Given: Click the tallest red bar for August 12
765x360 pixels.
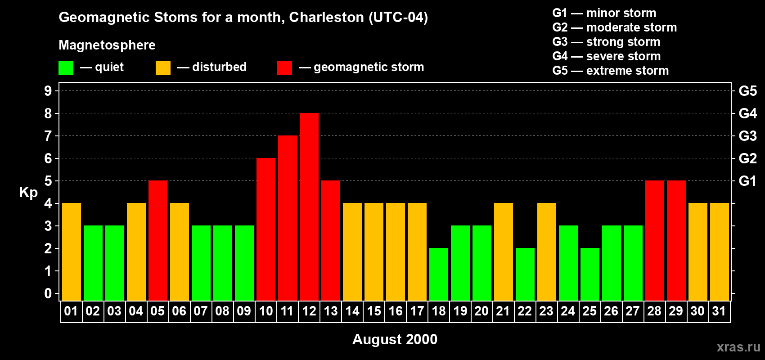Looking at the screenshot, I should coord(309,207).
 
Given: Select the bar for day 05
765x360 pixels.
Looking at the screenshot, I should coord(158,240).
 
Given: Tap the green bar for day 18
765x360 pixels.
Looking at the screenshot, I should coord(439,274).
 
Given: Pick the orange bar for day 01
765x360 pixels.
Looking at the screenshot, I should coord(72,252).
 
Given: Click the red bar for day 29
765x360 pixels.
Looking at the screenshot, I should coord(676,240).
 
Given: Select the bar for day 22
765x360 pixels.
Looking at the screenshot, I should coord(525,274).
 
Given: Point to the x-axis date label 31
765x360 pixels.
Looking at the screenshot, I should coord(719,311).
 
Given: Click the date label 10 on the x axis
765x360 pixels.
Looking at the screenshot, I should coord(266,311).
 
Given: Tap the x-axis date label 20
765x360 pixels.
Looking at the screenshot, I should coord(481,311).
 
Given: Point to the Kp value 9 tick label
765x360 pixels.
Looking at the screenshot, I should coord(48,91).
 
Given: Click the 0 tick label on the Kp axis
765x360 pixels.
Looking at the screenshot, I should coord(48,293).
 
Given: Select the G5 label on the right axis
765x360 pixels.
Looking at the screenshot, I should coord(747,91).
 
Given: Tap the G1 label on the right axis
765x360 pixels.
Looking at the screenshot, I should coord(747,181).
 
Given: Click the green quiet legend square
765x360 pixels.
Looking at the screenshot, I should coord(66,68).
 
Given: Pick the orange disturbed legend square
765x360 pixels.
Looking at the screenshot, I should coord(163,68).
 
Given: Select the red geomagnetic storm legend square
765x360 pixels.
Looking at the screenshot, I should coord(284,68).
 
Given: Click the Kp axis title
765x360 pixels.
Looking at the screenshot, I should coord(28,193).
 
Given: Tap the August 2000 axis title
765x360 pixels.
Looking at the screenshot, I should coord(395,339).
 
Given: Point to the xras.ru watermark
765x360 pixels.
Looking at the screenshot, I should coord(738,347).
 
